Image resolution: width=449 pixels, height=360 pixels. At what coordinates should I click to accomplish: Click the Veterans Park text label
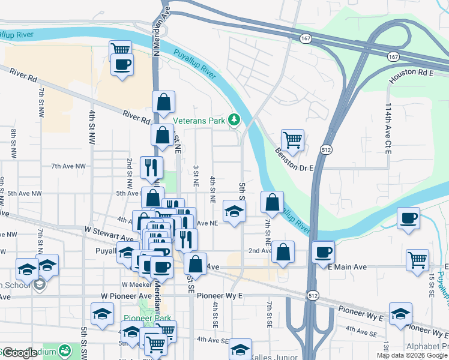(x=199, y=120)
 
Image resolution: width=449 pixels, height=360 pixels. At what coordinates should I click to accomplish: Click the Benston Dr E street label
(x=295, y=160)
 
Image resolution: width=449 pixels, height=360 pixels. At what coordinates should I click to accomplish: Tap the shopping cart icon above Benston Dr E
(x=292, y=140)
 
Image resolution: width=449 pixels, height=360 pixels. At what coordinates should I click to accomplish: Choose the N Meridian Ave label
(x=158, y=30)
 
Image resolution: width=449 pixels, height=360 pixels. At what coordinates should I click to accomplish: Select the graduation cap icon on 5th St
(x=234, y=211)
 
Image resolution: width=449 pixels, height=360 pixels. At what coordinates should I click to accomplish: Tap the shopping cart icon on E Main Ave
(x=417, y=260)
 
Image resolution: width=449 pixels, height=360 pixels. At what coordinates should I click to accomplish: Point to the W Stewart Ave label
(x=109, y=230)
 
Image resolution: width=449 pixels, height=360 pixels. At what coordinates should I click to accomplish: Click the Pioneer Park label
(x=147, y=318)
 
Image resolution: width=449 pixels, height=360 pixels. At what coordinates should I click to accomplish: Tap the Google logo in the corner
(x=20, y=353)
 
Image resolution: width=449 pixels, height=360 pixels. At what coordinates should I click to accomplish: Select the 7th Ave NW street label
(x=68, y=166)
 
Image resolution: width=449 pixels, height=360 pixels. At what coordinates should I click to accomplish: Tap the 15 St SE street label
(x=431, y=285)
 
